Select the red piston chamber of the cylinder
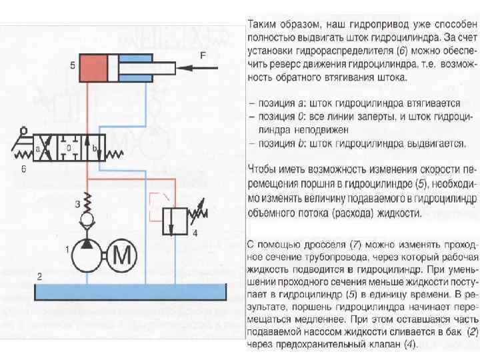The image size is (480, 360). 97,68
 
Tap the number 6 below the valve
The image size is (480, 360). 23,169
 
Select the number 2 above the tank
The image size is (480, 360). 40,275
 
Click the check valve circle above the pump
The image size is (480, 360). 87,219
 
